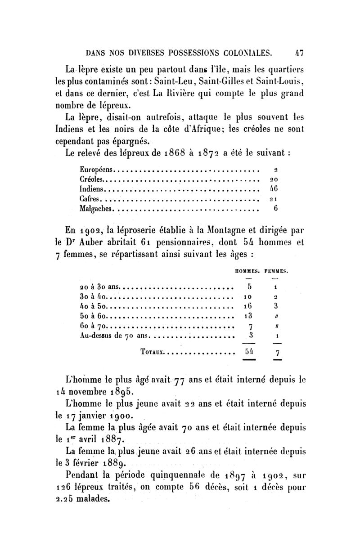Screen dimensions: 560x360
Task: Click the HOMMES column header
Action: click(x=248, y=272)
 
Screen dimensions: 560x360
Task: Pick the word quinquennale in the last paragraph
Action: click(x=176, y=475)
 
